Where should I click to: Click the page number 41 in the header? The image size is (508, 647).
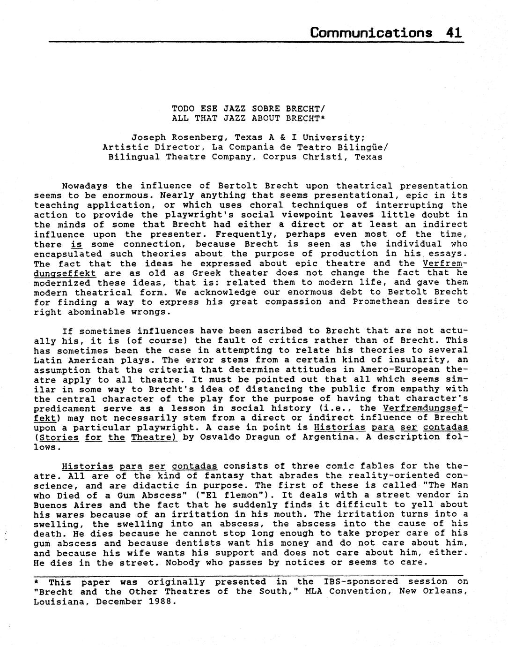pos(454,33)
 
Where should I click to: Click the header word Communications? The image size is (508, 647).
pos(371,33)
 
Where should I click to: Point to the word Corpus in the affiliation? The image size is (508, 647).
pos(280,157)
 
